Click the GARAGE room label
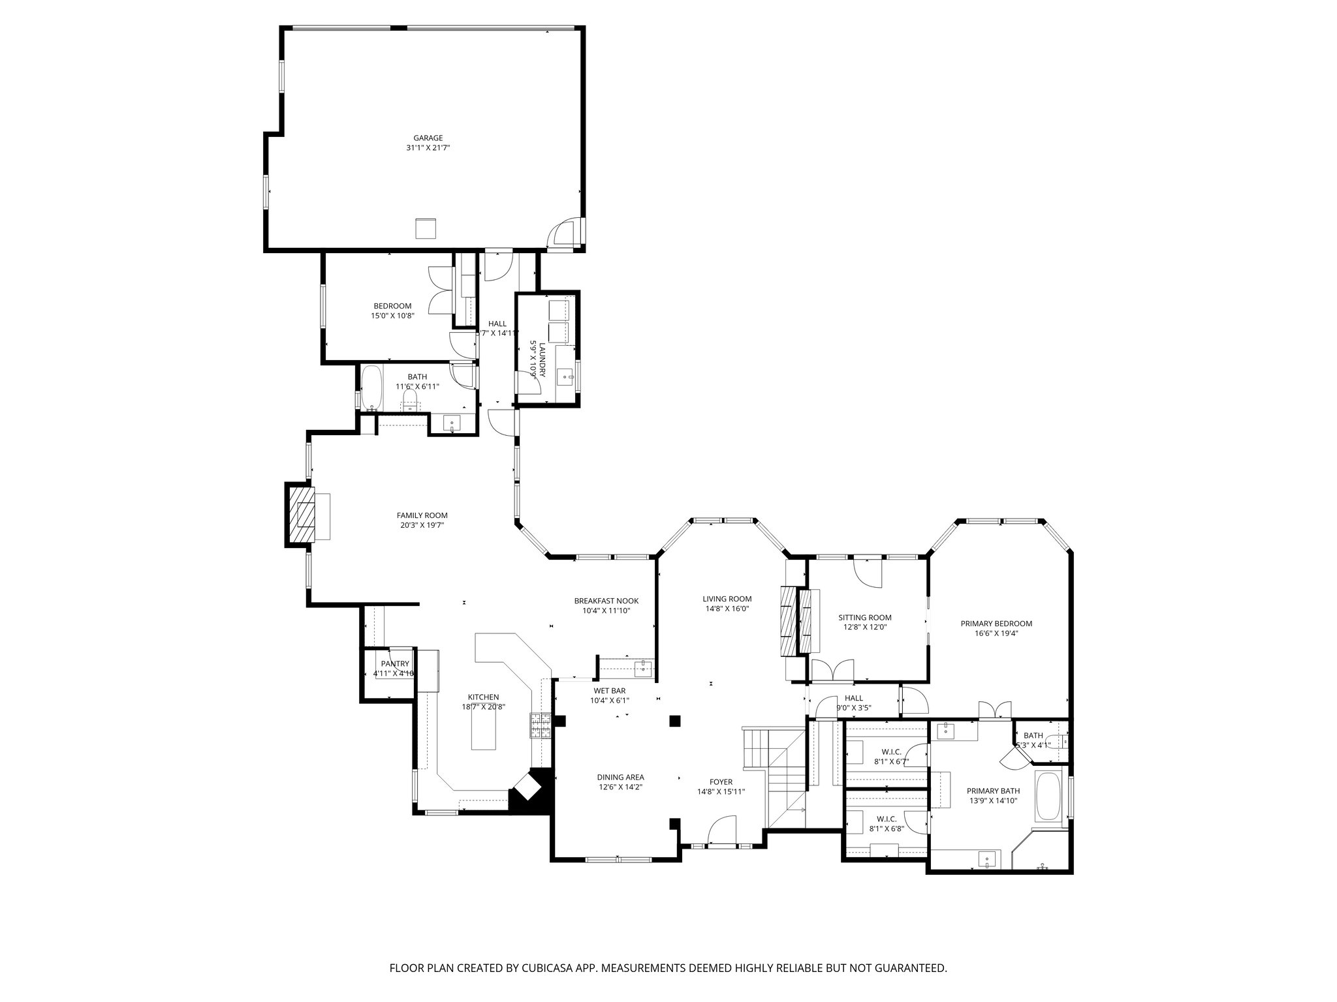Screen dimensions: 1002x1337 point(428,138)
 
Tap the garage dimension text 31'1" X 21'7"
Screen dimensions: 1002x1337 point(428,148)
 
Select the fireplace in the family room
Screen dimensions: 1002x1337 point(300,515)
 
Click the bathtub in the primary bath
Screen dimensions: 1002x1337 point(1049,797)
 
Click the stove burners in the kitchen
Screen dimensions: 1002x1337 point(541,726)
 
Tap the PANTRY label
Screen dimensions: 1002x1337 point(394,663)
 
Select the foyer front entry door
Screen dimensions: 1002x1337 point(722,832)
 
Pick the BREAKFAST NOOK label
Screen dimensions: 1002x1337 point(606,601)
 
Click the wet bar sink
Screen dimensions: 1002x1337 point(643,667)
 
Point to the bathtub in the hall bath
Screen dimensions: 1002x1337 point(371,388)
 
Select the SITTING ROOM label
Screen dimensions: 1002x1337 point(864,617)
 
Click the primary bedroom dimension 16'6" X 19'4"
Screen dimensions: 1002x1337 point(996,633)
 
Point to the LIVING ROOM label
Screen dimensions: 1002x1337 point(727,598)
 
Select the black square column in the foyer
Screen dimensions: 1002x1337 point(675,721)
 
